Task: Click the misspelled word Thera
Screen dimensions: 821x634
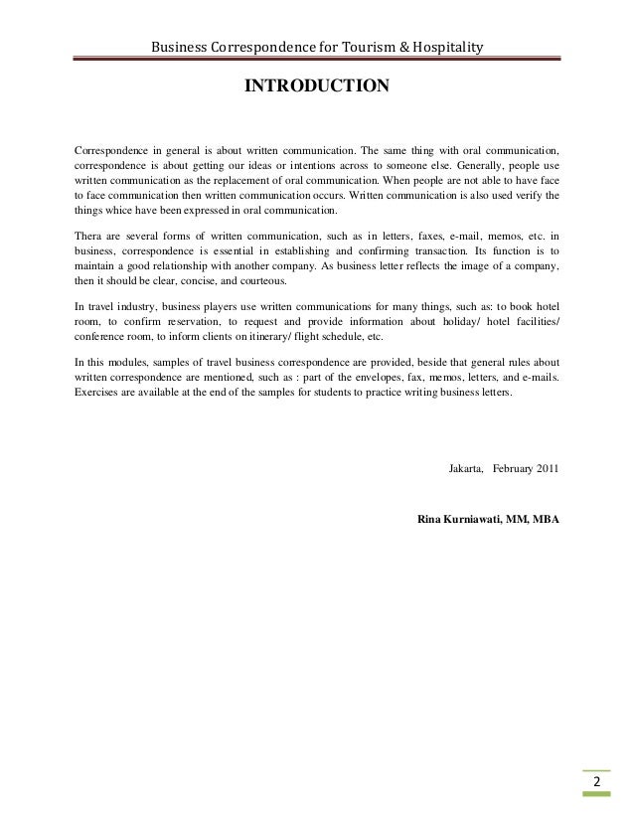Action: [89, 237]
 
